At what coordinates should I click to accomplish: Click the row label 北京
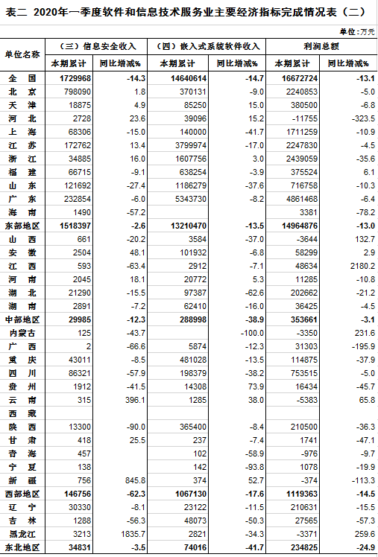(22, 92)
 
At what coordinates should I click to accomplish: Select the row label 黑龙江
(22, 534)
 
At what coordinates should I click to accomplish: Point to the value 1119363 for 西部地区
(301, 494)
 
